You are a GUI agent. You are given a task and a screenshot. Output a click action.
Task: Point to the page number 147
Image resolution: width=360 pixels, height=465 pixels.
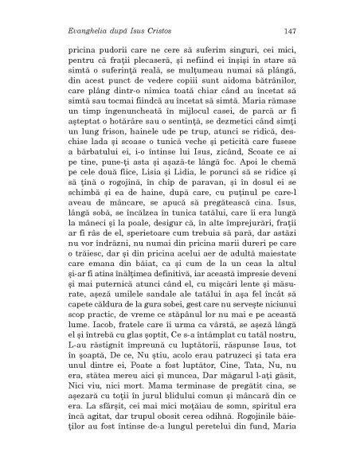tap(290, 30)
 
